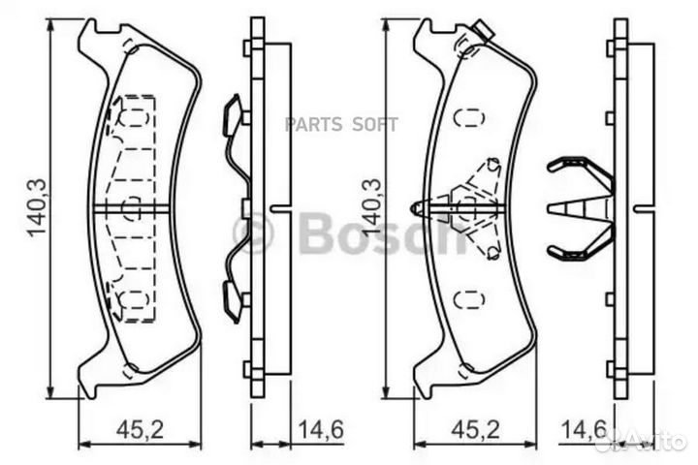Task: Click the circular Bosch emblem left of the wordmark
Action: point(254,232)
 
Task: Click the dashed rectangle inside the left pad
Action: point(132,207)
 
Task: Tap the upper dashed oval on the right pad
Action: point(469,118)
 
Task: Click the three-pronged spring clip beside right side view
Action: point(579,209)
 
